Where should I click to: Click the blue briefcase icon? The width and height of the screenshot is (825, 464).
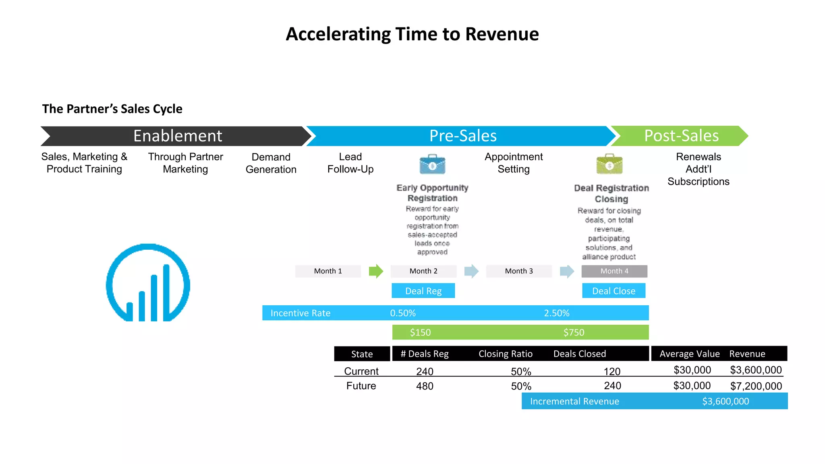[432, 164]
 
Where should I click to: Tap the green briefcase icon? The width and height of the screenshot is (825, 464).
[609, 164]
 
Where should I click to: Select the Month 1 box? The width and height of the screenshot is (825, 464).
[328, 271]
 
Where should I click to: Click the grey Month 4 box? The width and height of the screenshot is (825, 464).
[614, 271]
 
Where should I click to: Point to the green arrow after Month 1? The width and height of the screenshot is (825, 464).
[376, 271]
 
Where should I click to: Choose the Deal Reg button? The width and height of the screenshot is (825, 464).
[423, 291]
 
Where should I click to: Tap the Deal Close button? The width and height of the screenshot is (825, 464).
[614, 291]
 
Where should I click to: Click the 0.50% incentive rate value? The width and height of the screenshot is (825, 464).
[403, 313]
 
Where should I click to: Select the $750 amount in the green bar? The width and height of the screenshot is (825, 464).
[574, 332]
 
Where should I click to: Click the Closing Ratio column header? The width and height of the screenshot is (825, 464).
[505, 354]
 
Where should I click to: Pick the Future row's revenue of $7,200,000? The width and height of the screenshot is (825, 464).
[756, 386]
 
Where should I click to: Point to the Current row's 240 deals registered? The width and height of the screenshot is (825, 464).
[425, 371]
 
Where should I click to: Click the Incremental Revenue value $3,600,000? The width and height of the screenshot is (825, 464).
[726, 401]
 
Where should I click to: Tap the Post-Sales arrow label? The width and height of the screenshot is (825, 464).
[681, 136]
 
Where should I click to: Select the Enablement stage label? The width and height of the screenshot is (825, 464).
[178, 136]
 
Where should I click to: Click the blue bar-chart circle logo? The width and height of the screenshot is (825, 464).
[148, 283]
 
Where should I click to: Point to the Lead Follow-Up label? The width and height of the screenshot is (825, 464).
[350, 163]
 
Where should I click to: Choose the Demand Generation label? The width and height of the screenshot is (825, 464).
[271, 163]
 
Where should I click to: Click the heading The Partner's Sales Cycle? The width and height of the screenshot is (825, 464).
[112, 109]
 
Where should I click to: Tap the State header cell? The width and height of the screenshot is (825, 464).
[362, 354]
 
